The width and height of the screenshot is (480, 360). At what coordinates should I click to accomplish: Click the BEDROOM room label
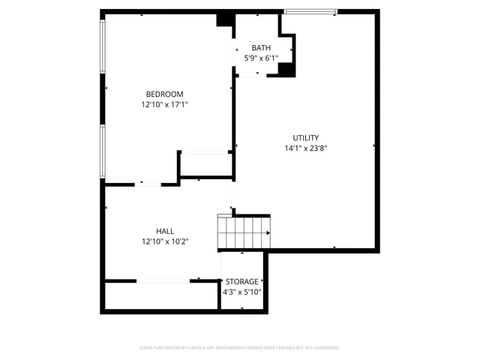pos(163,94)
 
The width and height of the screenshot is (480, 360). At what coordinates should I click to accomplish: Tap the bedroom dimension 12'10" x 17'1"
pos(163,105)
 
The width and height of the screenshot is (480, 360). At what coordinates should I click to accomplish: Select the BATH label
pos(260,48)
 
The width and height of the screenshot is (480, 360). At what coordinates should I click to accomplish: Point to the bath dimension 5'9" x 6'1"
pos(260,58)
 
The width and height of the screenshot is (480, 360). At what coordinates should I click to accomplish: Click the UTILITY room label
pos(305,137)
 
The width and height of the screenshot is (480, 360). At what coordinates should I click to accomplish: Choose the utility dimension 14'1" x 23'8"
pos(305,148)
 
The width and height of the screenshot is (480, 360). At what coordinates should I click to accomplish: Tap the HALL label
pos(165,231)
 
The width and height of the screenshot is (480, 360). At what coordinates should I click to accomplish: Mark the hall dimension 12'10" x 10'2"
pos(165,241)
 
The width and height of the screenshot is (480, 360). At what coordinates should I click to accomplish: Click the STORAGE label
pos(242,281)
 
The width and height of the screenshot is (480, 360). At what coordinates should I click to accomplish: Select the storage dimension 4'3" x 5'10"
pos(242,292)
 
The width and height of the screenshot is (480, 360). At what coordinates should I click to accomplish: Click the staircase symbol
pos(242,232)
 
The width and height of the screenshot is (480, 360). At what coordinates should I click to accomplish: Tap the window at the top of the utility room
pos(309,11)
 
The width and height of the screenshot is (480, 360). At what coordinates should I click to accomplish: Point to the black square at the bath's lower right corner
pos(286,70)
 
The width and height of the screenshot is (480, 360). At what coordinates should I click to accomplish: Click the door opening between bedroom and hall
pos(147,184)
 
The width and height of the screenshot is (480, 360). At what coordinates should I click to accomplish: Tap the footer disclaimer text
pos(240,348)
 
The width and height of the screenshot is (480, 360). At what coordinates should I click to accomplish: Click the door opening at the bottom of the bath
pos(249,75)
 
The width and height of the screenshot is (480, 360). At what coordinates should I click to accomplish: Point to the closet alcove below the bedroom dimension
pos(205,166)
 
